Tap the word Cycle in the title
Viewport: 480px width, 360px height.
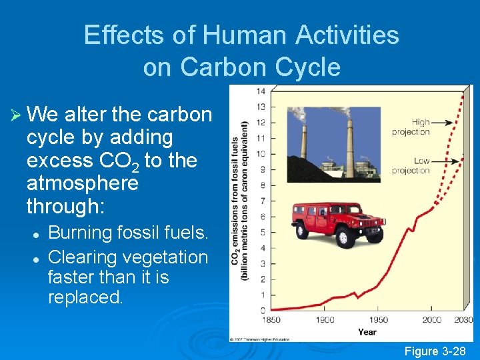(308, 67)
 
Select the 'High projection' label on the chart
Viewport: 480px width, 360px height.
(411, 127)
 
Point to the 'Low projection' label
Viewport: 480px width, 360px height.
(411, 166)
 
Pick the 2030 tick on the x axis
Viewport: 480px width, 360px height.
(463, 320)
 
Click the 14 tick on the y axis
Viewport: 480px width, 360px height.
(261, 91)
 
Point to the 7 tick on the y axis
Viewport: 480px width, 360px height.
(262, 201)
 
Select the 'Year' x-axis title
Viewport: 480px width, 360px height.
(367, 331)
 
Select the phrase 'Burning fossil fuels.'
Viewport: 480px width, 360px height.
(129, 233)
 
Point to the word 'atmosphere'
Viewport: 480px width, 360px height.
(82, 183)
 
